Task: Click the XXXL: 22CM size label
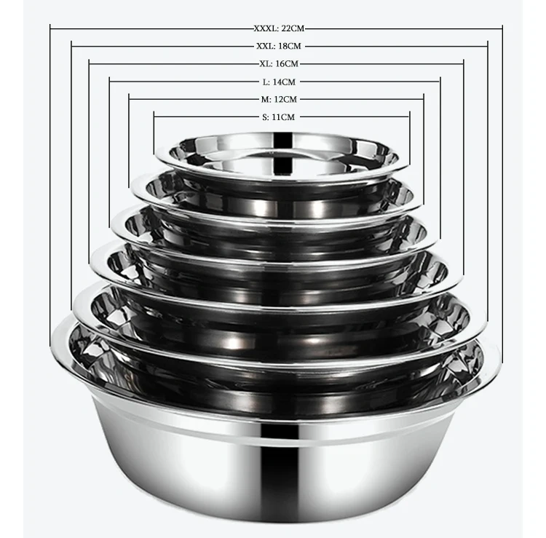pos(279,28)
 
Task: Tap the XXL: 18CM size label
pos(279,46)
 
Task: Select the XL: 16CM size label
pos(279,64)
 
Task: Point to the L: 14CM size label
pos(279,82)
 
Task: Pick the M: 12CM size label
pos(279,99)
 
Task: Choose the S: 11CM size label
pos(279,117)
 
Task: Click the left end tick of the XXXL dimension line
pos(50,28)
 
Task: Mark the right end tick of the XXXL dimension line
pos(502,28)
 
